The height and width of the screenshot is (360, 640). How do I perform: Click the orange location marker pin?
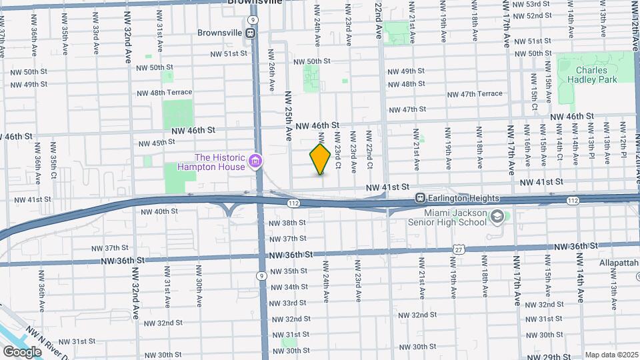(320, 159)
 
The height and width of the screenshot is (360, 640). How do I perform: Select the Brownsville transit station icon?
(251, 32)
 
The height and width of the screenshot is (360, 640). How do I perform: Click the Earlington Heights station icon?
(421, 198)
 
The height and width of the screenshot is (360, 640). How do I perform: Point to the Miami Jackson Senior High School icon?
(497, 216)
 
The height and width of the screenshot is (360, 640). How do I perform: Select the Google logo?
(22, 351)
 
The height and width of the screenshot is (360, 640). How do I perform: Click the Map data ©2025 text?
(611, 355)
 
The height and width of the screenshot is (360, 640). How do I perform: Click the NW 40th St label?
(159, 211)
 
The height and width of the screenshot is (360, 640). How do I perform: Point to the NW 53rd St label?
(535, 4)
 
